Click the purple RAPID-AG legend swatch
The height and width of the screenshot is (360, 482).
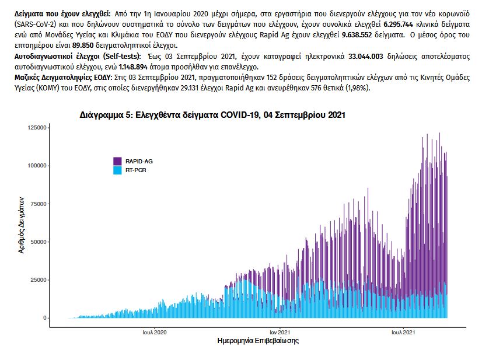(118, 160)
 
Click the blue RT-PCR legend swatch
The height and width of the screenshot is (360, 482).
(118, 170)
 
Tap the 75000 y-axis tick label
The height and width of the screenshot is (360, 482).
(38, 204)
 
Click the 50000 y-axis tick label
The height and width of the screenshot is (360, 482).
(38, 242)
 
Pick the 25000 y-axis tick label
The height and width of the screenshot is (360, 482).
(38, 279)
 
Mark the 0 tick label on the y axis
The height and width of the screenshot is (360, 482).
(44, 318)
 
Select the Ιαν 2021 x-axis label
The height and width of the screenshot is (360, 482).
(281, 332)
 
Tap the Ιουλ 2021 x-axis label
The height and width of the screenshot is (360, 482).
(403, 332)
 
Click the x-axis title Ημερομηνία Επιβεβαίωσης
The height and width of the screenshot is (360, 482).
(257, 341)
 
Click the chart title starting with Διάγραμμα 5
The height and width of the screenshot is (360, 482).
(212, 116)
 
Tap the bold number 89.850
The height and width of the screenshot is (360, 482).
(85, 45)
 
